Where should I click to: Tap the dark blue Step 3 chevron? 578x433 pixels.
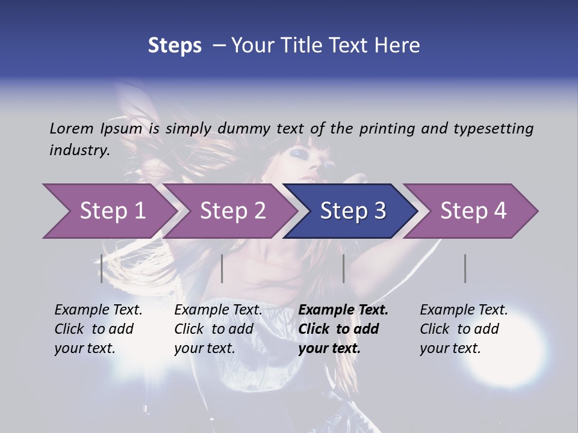(x=353, y=211)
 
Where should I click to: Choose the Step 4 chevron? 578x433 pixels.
(x=473, y=211)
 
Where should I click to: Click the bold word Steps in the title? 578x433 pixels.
(x=175, y=45)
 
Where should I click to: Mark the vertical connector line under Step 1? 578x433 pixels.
(x=102, y=268)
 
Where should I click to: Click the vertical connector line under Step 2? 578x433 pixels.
(x=222, y=268)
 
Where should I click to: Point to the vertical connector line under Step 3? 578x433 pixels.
(x=343, y=268)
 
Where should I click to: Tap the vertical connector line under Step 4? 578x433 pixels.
(x=465, y=268)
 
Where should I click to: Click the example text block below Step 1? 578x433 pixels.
(x=98, y=329)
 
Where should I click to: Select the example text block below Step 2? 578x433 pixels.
(x=218, y=329)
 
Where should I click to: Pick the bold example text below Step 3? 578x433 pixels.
(x=343, y=329)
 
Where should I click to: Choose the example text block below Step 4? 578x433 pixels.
(x=464, y=329)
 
